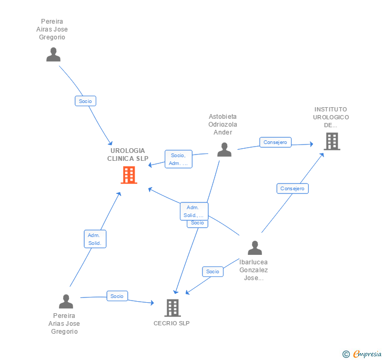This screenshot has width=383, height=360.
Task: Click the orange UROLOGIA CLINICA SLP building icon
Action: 129,175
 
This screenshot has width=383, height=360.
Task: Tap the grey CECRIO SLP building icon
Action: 172,307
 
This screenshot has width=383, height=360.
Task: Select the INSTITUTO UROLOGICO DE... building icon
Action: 331,141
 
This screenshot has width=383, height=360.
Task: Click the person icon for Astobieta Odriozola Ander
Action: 224,150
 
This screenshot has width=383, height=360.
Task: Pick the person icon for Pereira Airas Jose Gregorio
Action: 53,54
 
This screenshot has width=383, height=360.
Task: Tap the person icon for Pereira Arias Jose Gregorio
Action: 66,301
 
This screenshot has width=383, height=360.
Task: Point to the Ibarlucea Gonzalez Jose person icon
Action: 255,248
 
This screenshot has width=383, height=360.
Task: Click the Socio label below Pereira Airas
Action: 85,101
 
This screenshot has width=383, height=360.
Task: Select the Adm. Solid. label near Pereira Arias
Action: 95,239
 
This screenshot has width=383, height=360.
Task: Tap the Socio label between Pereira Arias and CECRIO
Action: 117,296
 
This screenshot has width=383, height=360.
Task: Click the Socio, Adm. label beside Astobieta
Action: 178,159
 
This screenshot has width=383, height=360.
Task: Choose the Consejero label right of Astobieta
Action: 275,142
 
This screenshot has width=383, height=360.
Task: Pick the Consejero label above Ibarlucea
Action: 293,189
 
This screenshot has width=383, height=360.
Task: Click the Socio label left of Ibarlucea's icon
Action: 213,272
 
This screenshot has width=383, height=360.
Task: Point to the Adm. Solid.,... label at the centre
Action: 194,211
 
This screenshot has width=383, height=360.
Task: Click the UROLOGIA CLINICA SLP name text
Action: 128,155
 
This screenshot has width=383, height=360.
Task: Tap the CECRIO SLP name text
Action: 172,323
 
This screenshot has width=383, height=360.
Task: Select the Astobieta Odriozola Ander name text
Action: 223,125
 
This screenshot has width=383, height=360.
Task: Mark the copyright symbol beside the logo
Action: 346,354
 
